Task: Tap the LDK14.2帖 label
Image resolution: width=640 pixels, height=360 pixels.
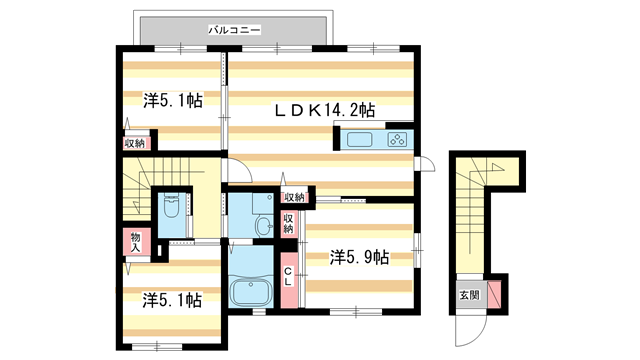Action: pos(325,110)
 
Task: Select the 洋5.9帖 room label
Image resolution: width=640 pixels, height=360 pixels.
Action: pos(359,257)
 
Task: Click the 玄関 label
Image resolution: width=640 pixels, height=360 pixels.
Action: pos(469,295)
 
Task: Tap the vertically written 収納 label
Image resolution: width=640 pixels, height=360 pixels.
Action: pos(288,223)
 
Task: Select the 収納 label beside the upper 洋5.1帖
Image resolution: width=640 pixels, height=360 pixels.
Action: pos(134,143)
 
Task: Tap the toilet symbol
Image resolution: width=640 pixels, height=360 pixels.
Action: pos(170,209)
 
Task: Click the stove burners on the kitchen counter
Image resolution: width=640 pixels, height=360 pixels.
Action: pos(396,140)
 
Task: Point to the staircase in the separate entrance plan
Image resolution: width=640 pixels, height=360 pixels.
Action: pos(469,215)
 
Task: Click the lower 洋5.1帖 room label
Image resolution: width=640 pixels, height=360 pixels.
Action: pos(172,299)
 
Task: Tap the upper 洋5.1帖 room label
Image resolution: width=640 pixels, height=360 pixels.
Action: pos(172,100)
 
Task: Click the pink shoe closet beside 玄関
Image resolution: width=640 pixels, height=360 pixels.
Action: pos(493,294)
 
